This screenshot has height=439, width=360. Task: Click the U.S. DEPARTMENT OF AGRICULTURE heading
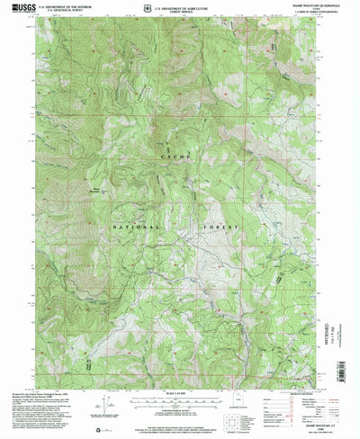[x=185, y=7]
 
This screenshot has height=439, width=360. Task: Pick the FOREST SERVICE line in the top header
[x=185, y=12]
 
